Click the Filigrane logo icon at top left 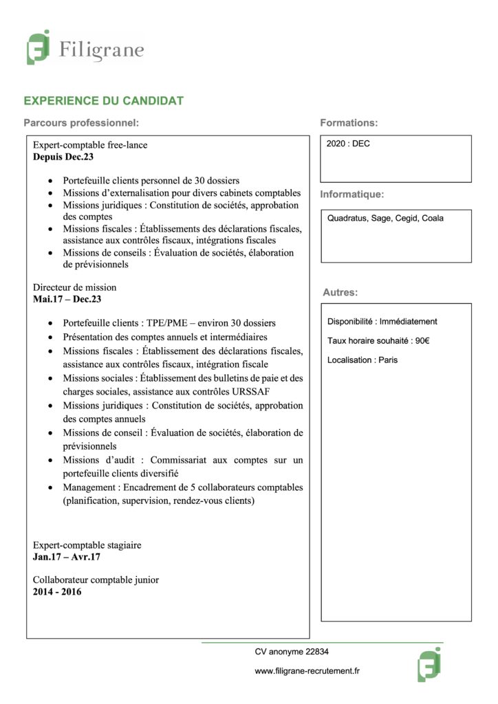tap(39, 47)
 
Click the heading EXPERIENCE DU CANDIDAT tap(103, 101)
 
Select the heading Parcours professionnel tap(81, 123)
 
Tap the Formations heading tap(349, 123)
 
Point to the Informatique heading tap(351, 195)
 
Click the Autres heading tap(340, 292)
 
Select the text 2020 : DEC tap(348, 144)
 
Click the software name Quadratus tap(347, 219)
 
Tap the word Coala tap(432, 219)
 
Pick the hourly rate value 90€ tap(422, 340)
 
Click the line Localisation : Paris tap(362, 360)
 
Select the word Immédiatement tap(408, 321)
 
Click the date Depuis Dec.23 tap(63, 157)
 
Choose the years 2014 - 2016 tap(57, 591)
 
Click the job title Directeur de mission tap(75, 287)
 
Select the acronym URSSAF tap(252, 392)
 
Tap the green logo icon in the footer tap(429, 665)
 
